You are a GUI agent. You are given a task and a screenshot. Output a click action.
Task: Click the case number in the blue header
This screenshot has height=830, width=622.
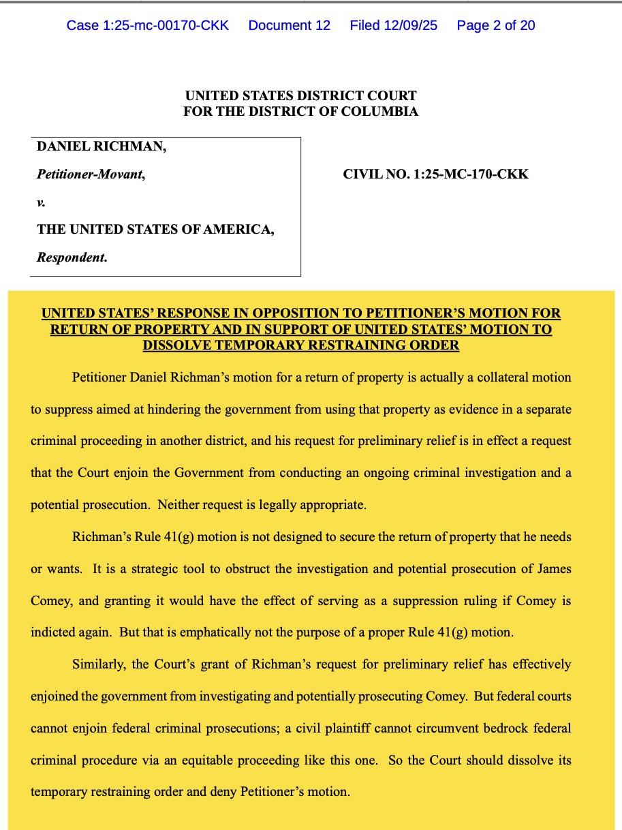point(147,26)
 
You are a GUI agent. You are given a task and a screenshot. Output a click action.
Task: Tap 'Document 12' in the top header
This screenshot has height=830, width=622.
point(289,26)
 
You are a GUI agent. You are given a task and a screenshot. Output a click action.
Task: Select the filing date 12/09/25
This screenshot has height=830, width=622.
point(394,26)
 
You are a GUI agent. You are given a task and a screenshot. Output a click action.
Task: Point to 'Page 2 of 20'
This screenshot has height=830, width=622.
point(496,26)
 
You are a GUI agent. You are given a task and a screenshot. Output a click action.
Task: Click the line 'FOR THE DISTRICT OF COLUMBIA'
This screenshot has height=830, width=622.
point(300,111)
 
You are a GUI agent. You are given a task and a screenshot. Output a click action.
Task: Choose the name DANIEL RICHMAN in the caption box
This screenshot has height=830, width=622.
point(102,147)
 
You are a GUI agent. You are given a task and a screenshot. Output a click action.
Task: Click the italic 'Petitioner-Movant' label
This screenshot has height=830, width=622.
point(91,174)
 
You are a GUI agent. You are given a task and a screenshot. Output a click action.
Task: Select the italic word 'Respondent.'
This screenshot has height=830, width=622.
point(72,258)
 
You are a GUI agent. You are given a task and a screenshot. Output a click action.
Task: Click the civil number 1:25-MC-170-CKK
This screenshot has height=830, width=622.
point(435,174)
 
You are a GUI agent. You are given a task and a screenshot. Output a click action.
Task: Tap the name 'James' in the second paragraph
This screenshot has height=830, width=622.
point(553,569)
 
